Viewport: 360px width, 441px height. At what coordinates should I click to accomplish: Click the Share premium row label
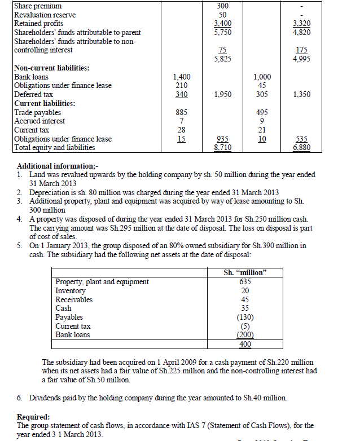(x=37, y=6)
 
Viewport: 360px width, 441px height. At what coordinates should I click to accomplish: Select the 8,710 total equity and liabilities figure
(x=222, y=148)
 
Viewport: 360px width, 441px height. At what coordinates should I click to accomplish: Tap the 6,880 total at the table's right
(x=301, y=148)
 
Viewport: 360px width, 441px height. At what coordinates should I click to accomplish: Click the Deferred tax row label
(x=33, y=94)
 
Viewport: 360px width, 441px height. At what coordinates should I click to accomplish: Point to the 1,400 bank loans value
(x=182, y=77)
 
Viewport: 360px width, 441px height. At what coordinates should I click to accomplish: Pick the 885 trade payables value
(x=182, y=112)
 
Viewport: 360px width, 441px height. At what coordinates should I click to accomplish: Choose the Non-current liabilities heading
(x=51, y=68)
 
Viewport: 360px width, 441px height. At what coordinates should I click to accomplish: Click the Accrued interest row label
(x=39, y=121)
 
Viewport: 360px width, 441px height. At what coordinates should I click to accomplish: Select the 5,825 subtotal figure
(x=222, y=59)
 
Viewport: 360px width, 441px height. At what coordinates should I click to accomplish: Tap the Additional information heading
(x=58, y=166)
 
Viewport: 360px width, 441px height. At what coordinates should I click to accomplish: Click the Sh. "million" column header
(x=245, y=273)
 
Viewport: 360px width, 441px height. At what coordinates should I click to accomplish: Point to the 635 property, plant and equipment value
(x=245, y=281)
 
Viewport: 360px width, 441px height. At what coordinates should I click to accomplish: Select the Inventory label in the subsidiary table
(x=71, y=290)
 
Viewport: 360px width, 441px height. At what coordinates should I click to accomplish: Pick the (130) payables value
(x=245, y=317)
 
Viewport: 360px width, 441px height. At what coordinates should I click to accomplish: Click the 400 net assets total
(x=245, y=344)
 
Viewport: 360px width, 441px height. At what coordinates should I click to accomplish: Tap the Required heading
(x=36, y=417)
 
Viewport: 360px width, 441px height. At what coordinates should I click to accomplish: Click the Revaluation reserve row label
(x=45, y=15)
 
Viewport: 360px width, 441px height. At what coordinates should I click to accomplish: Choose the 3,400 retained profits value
(x=222, y=23)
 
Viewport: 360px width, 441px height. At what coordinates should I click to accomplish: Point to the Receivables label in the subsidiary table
(x=74, y=299)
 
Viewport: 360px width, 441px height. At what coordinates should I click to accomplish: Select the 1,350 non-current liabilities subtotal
(x=302, y=94)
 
